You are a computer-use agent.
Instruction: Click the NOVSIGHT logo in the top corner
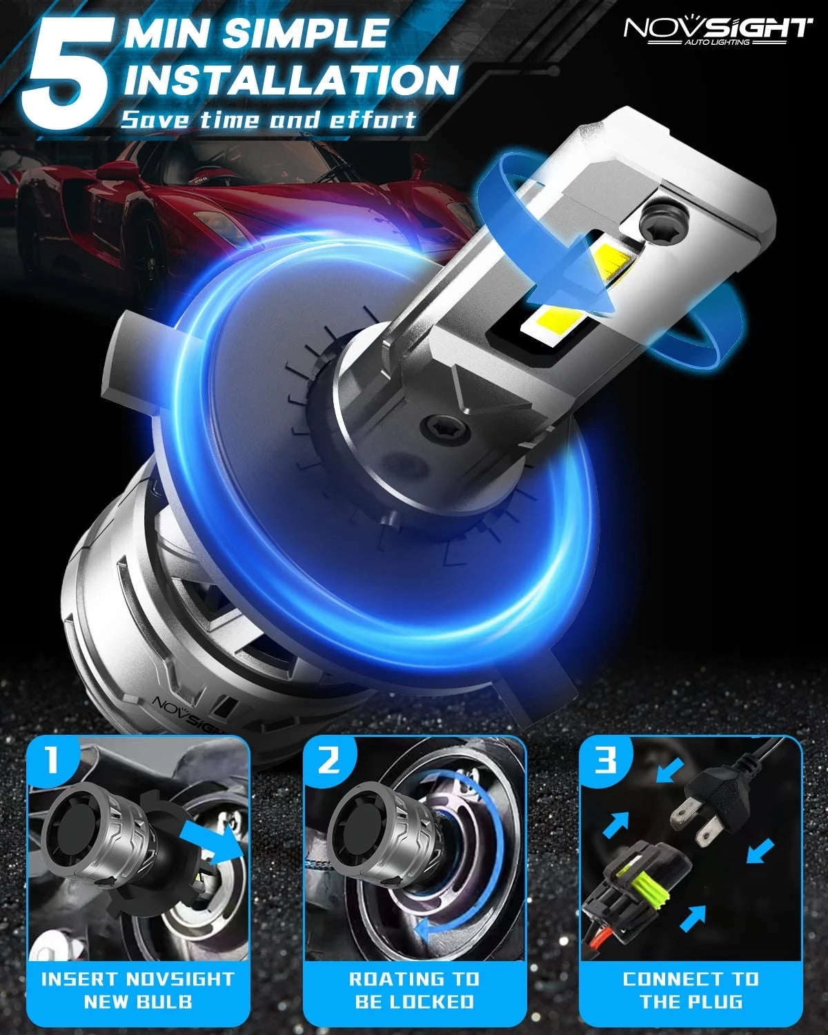(x=718, y=31)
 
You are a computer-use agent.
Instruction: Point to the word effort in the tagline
(x=373, y=119)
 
